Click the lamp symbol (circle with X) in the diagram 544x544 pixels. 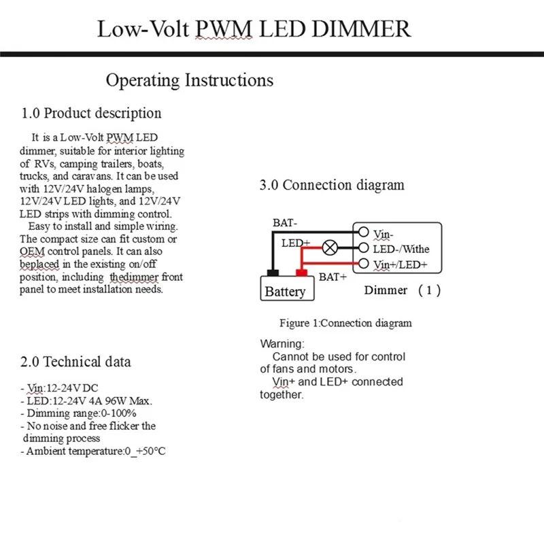(x=330, y=247)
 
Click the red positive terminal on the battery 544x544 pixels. (x=301, y=273)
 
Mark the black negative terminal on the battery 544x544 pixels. (x=273, y=273)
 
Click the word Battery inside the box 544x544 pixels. (x=285, y=291)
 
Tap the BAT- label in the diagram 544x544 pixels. (x=285, y=222)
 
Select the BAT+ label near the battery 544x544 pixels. (x=333, y=277)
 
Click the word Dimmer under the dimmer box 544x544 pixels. (x=386, y=290)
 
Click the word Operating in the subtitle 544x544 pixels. (x=143, y=80)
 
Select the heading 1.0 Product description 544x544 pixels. (x=92, y=113)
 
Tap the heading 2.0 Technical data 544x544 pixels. (x=76, y=361)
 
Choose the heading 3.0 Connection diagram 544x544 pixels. (x=332, y=185)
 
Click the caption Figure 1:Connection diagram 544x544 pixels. (x=345, y=323)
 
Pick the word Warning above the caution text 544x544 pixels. (x=282, y=344)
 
